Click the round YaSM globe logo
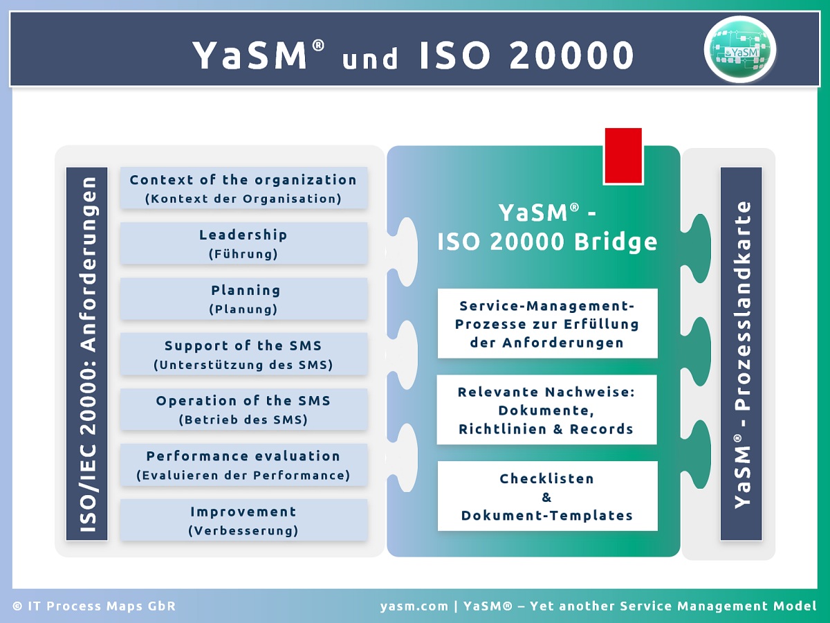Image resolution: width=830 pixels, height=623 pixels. click(x=740, y=50)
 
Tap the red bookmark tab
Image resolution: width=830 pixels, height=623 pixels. click(x=623, y=156)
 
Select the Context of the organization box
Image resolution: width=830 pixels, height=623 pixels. click(x=244, y=188)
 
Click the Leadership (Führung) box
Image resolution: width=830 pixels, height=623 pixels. click(x=244, y=243)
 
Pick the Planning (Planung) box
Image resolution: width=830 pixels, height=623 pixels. click(x=244, y=299)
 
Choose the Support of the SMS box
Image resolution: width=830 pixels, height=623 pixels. click(x=244, y=354)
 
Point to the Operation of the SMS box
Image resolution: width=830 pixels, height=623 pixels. click(x=244, y=409)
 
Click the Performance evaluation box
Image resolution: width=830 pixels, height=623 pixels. click(x=244, y=465)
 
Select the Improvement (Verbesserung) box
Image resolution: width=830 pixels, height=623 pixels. click(x=244, y=520)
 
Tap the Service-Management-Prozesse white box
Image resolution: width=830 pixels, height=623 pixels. click(x=548, y=323)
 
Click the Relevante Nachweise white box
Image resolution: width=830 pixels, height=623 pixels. click(x=547, y=410)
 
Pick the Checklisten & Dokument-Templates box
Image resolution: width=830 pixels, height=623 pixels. click(x=548, y=496)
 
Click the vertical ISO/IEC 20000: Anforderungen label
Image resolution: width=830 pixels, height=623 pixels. click(x=87, y=354)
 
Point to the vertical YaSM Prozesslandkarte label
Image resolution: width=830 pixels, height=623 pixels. click(x=741, y=354)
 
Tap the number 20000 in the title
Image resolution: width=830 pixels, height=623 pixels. click(x=572, y=55)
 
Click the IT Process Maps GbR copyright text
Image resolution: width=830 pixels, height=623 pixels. click(x=94, y=606)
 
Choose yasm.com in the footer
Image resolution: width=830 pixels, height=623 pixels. click(x=414, y=606)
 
